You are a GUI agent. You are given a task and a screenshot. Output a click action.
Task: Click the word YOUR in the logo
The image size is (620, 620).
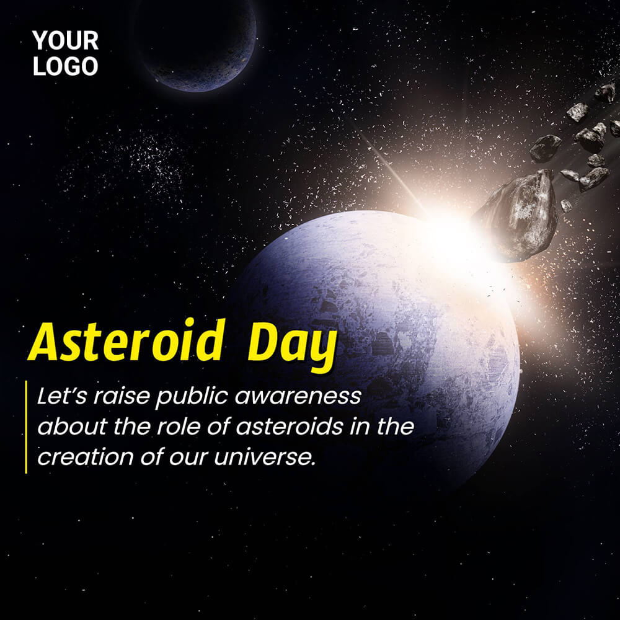pyautogui.click(x=65, y=40)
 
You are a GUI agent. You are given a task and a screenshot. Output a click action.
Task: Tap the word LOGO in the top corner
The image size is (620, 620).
pyautogui.click(x=65, y=66)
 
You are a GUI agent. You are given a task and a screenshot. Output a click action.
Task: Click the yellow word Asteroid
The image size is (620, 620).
pyautogui.click(x=126, y=341)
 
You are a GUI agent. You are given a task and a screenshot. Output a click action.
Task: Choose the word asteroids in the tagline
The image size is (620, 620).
pyautogui.click(x=290, y=427)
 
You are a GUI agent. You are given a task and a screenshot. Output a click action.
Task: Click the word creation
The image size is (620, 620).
pyautogui.click(x=86, y=457)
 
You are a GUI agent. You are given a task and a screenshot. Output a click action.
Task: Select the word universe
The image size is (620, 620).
pyautogui.click(x=265, y=458)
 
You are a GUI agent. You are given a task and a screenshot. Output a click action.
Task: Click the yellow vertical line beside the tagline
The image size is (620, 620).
pyautogui.click(x=26, y=427)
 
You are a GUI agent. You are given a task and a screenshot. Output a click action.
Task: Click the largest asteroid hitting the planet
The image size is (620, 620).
pyautogui.click(x=516, y=216)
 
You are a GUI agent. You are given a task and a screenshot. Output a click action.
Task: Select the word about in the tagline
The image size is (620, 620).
pyautogui.click(x=73, y=427)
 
